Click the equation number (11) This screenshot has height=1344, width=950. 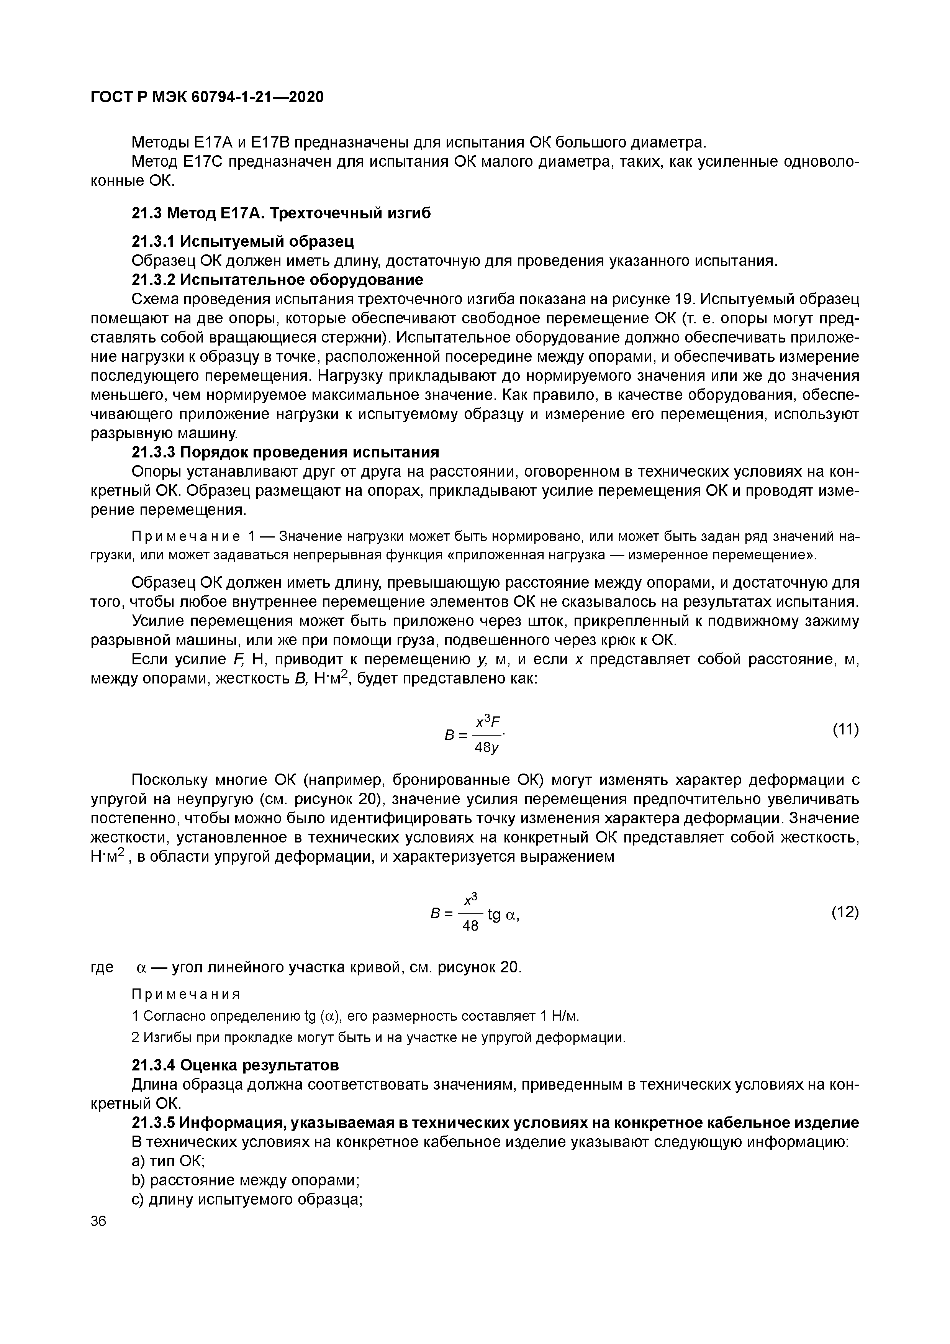coord(845,729)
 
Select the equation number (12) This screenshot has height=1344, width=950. coord(845,912)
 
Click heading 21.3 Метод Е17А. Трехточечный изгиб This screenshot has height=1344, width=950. coord(281,214)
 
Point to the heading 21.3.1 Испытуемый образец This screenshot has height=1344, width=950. coord(243,241)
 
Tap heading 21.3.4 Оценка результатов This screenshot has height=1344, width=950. coord(235,1064)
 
